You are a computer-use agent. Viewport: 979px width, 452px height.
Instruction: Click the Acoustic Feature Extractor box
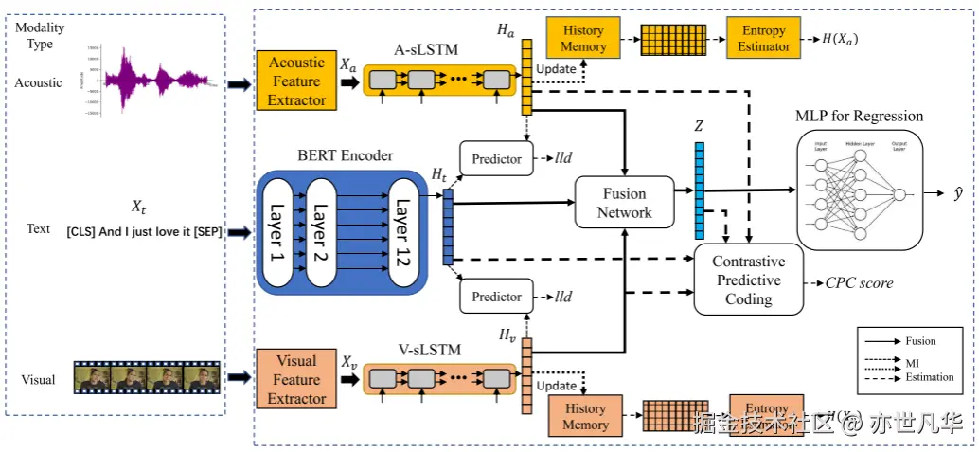pos(297,81)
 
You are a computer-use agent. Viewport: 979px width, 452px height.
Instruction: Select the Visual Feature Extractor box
pos(296,380)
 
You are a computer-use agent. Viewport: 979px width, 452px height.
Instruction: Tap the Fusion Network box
pos(625,203)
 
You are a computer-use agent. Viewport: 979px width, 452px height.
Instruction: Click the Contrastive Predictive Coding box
pos(748,280)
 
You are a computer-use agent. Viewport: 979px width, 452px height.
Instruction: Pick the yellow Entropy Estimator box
pos(764,38)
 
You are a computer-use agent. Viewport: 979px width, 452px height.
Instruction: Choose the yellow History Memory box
pos(583,38)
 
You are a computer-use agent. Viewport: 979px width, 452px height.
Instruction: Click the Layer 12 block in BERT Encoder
pos(402,230)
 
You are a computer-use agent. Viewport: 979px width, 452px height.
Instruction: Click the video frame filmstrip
pos(147,378)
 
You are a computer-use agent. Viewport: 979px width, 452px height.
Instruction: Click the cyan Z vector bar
pos(700,190)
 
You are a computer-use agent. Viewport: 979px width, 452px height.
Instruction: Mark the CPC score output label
pos(859,282)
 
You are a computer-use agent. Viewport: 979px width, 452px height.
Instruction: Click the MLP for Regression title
pos(859,117)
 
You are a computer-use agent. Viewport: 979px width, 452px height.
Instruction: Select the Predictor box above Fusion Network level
pos(497,159)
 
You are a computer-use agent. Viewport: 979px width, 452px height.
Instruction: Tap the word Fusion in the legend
pos(920,341)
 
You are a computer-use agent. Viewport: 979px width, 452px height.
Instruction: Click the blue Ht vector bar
pos(448,226)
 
